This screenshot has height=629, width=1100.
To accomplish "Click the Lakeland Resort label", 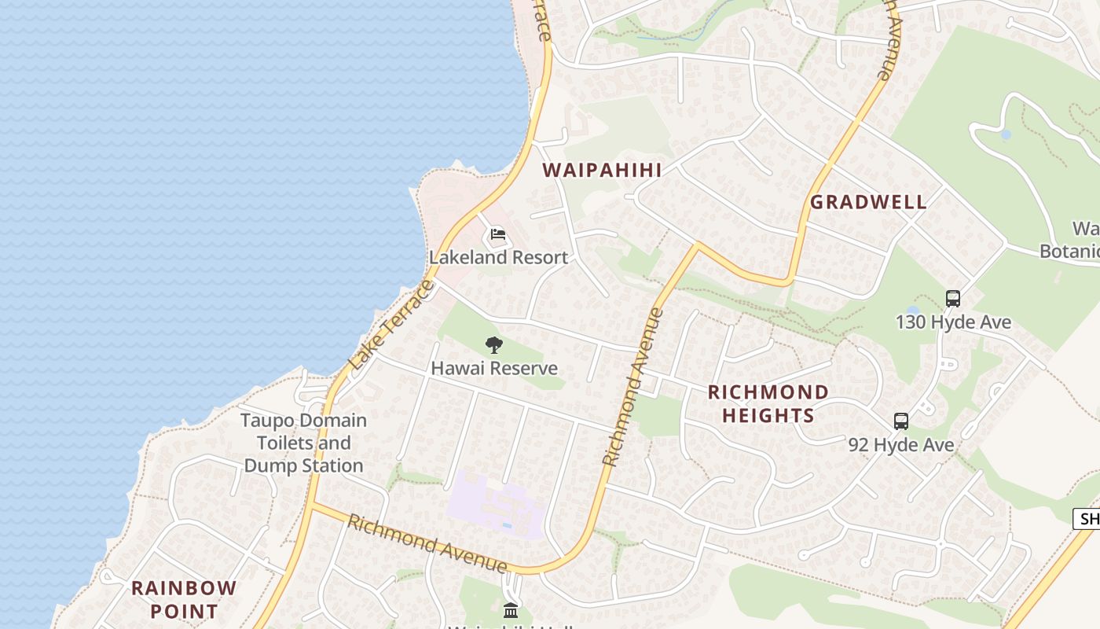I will (498, 257).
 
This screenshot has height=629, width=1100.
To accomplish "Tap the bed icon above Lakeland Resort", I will (497, 234).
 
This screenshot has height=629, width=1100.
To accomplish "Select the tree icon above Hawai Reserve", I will (494, 344).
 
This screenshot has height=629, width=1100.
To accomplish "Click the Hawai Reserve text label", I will (494, 368).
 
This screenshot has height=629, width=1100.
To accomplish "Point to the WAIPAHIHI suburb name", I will (602, 170).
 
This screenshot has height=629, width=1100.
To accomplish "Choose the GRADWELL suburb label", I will (868, 202).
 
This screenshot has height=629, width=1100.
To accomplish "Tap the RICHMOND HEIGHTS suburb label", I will (768, 403).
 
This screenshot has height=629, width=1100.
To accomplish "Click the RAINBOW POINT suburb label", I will (184, 599).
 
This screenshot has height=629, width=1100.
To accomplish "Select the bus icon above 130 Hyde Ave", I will (953, 299).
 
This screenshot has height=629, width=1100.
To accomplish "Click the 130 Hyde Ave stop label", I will (953, 322).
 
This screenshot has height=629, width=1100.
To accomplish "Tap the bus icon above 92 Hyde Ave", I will (901, 421).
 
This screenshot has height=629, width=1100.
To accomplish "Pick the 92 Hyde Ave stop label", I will (901, 445).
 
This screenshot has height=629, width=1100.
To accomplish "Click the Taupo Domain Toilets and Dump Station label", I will (303, 443).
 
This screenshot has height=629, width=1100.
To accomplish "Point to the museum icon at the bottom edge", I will (511, 610).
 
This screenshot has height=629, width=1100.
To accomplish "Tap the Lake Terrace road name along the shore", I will (391, 326).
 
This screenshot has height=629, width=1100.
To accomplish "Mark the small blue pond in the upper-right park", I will (1006, 134).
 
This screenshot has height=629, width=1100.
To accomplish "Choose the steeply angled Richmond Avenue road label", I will (633, 387).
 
